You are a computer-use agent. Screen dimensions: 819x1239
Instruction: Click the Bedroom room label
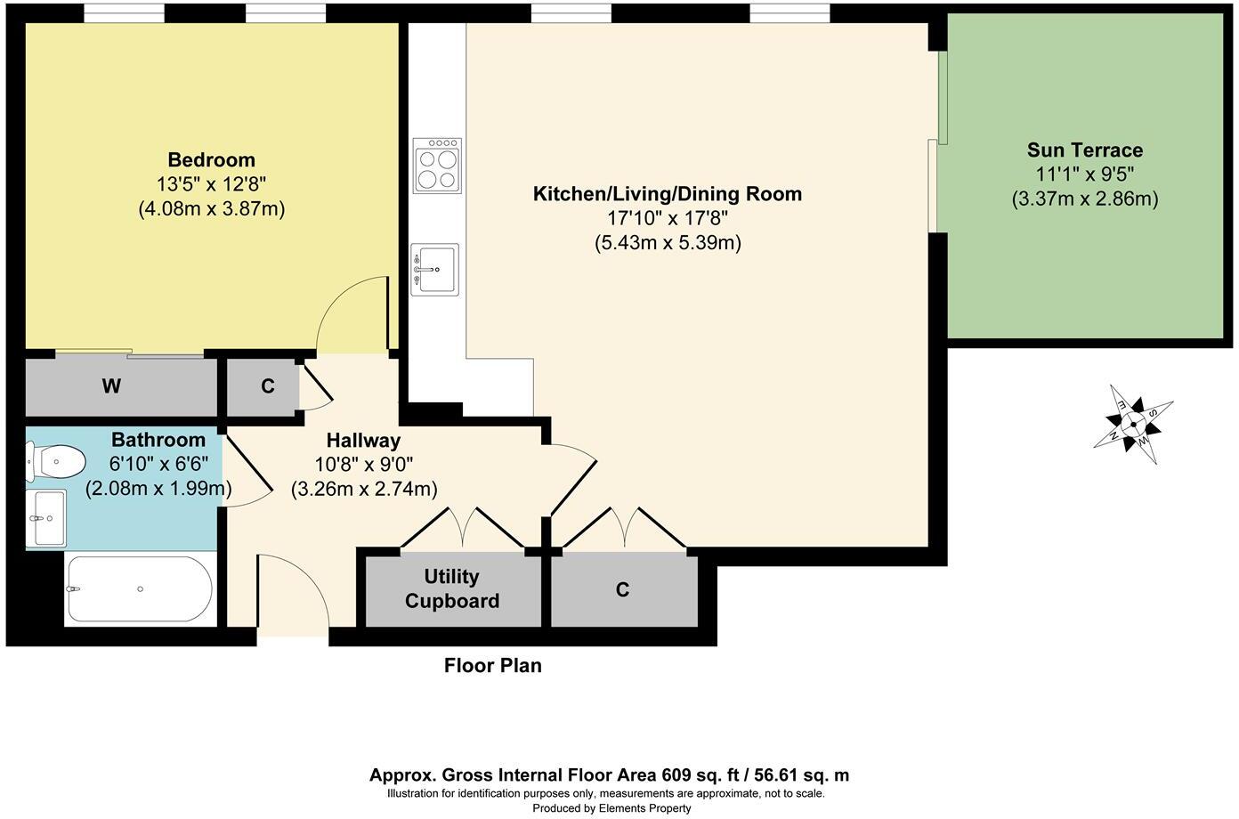pos(211,160)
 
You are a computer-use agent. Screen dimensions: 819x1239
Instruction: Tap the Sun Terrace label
pos(1084,150)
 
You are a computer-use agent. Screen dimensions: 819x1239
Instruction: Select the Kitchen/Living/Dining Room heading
pos(667,194)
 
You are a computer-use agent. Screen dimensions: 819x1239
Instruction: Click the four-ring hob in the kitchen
pos(437,166)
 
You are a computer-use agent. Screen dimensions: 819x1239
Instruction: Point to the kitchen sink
pos(435,269)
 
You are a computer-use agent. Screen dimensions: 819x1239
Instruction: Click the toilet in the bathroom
pos(56,462)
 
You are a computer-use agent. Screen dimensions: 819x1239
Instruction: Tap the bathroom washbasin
pos(46,517)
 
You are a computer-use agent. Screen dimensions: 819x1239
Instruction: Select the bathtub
pos(139,590)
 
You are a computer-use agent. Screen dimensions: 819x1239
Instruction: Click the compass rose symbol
pos(1133,424)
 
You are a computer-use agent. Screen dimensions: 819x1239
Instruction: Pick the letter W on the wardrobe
pos(111,386)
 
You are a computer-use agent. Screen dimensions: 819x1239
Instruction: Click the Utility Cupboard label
pos(452,588)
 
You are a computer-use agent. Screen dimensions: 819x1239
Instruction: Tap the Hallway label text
pos(363,440)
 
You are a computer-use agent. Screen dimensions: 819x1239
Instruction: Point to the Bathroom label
pos(158,440)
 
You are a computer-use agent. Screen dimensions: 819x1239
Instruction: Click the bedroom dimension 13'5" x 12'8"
pos(211,185)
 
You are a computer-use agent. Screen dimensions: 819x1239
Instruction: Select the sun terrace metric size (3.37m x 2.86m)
pos(1084,199)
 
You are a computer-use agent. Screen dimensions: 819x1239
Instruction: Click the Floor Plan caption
pos(492,665)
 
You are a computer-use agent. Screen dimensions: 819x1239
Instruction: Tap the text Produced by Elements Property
pos(611,808)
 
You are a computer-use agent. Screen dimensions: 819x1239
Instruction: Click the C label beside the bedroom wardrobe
pos(267,386)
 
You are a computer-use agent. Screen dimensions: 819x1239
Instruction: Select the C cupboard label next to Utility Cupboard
pos(622,589)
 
